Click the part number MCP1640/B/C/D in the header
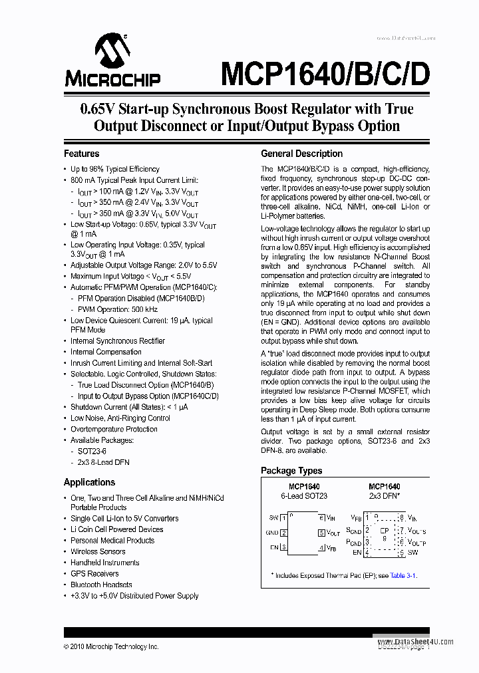click(x=325, y=74)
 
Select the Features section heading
click(x=81, y=154)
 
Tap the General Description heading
click(x=301, y=154)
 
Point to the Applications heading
click(x=89, y=482)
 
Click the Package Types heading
click(x=291, y=470)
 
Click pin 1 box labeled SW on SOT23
click(x=283, y=517)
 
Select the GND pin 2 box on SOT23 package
click(x=283, y=532)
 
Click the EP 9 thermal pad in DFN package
click(x=384, y=535)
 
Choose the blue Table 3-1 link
click(x=403, y=575)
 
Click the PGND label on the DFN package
click(x=353, y=542)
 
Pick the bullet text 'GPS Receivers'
click(x=94, y=573)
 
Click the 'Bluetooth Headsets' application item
click(x=101, y=585)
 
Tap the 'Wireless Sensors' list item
click(x=98, y=551)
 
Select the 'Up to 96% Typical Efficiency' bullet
click(x=115, y=169)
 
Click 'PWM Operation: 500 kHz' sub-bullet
click(x=117, y=309)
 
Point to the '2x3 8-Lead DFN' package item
click(x=103, y=462)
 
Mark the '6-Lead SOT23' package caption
click(x=304, y=496)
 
